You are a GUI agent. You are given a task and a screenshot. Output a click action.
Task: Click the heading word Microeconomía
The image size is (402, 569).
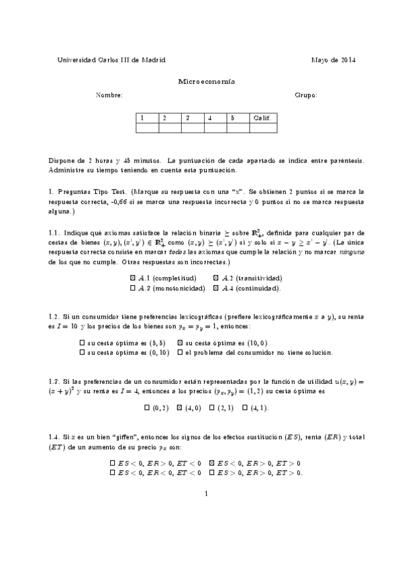[x=201, y=80]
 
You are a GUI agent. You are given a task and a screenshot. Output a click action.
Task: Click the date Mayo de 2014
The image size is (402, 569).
[x=333, y=60]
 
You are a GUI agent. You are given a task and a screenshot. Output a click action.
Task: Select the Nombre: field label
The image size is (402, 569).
[x=109, y=95]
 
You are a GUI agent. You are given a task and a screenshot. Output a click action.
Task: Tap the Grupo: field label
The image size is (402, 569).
[x=306, y=95]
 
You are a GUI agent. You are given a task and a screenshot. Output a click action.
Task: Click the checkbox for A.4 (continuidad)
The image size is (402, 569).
[x=215, y=288]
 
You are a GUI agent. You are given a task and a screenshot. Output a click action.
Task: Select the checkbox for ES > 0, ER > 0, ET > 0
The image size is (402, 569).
[x=212, y=472]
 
